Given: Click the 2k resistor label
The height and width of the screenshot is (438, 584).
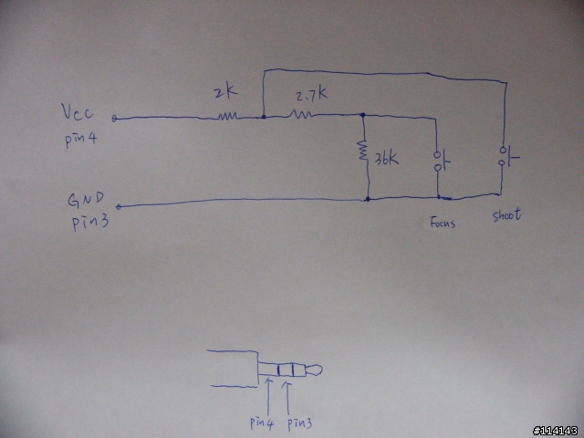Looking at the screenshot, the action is point(226,92).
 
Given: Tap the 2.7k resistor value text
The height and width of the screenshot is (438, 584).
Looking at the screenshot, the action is point(312,96).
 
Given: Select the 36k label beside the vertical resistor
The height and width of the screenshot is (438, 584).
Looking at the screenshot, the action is point(386,159).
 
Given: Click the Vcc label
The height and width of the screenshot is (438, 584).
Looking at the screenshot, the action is point(77,111).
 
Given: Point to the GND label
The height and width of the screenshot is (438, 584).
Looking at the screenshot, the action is point(86,200).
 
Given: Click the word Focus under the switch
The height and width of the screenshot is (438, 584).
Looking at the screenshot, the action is point(443,223).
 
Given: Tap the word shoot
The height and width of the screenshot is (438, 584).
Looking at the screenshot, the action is point(506,214).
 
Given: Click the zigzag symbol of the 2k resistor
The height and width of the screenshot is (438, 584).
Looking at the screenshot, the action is point(227,117).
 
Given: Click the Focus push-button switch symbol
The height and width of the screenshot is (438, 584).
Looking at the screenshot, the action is point(442,161).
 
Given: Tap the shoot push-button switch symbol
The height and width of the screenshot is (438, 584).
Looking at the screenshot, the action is point(509,156).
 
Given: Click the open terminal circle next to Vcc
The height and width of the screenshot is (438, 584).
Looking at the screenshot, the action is point(114,119).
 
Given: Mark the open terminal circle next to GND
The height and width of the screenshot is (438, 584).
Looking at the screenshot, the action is point(119,207).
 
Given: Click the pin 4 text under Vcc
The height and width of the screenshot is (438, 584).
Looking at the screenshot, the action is point(81,140).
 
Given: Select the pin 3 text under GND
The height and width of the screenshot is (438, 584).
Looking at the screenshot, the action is point(90,222).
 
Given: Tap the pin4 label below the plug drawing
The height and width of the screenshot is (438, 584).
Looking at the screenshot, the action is point(262,422).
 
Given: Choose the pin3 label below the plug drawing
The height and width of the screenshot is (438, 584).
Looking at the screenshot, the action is point(299,423).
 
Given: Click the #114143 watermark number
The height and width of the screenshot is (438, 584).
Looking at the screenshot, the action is point(556,431).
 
